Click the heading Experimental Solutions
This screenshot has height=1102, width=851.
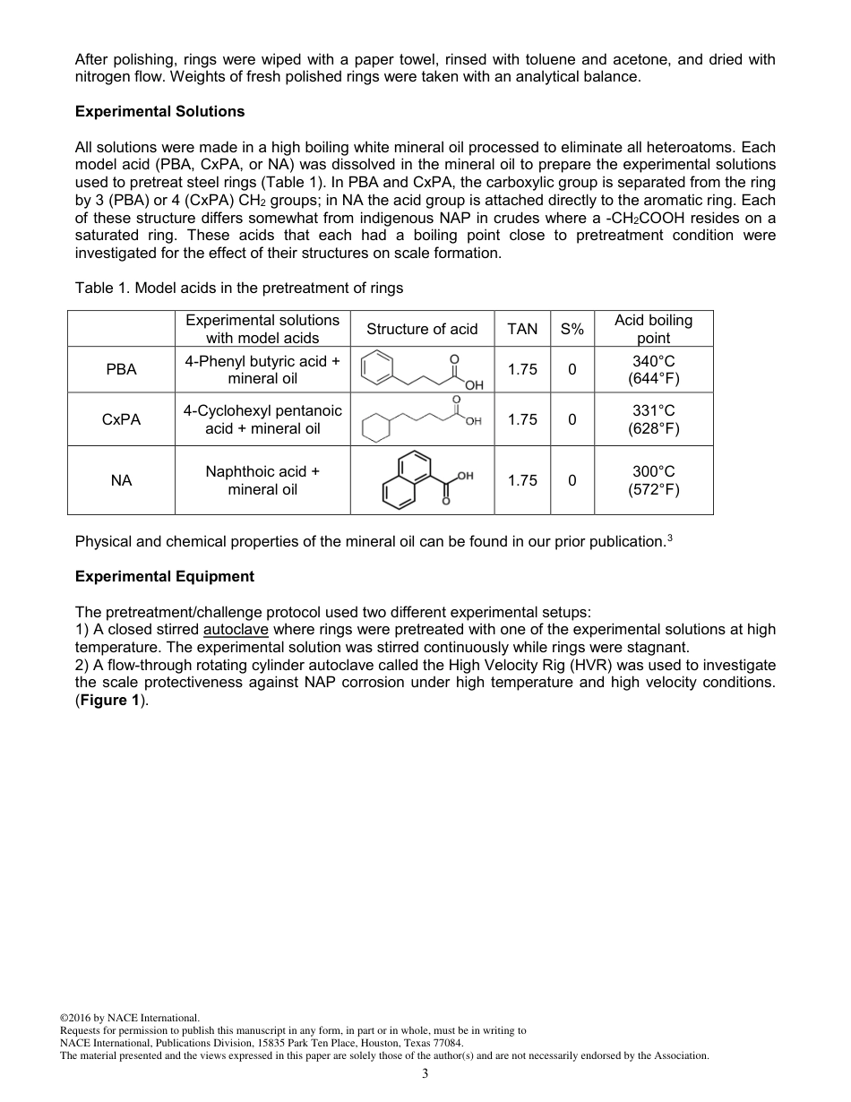159,112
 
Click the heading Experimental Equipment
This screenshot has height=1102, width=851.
164,576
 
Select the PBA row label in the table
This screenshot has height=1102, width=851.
121,369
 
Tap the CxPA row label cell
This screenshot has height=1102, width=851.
121,419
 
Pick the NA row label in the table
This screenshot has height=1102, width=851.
121,480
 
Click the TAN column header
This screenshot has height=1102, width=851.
522,329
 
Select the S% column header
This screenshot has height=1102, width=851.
572,329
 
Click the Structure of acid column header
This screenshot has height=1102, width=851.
422,329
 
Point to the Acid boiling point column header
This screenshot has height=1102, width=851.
653,329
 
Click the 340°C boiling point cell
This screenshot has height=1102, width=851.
653,369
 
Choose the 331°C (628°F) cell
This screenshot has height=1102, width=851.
653,419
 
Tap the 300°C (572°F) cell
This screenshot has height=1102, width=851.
653,480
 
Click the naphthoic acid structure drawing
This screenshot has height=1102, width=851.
422,480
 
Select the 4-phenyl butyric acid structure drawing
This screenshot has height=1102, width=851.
422,370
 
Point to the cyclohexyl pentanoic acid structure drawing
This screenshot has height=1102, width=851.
422,419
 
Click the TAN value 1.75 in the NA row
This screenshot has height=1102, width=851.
522,480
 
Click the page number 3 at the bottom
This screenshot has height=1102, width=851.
425,1074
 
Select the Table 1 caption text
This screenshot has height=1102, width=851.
239,288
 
